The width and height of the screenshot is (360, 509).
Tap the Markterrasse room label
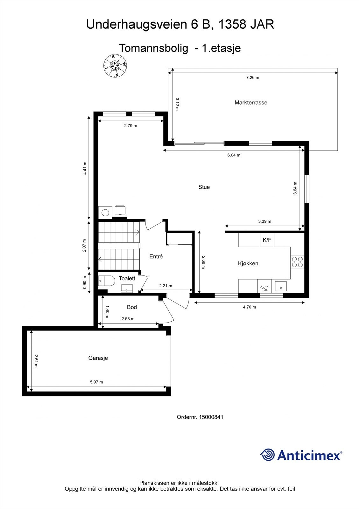tap(251, 102)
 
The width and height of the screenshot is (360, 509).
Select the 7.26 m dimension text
tap(252, 78)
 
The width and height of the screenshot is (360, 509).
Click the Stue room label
tap(204, 187)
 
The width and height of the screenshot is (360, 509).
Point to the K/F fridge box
tap(267, 240)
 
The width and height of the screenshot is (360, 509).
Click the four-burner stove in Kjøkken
tap(297, 262)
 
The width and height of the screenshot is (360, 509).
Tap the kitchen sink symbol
tap(280, 286)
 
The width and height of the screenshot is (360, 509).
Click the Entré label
tap(156, 256)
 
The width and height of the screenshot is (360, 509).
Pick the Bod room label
tap(132, 307)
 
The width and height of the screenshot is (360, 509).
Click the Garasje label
tap(98, 358)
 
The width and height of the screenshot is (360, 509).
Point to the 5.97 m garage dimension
tap(96, 382)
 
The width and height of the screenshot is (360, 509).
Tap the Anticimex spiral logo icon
tap(267, 455)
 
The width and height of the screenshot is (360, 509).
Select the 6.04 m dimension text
tap(234, 155)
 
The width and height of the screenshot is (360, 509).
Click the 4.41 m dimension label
tap(85, 168)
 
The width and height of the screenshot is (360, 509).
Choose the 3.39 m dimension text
tap(265, 221)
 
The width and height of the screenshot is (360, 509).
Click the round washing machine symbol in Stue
tap(105, 212)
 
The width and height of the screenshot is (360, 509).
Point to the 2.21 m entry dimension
tap(166, 286)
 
